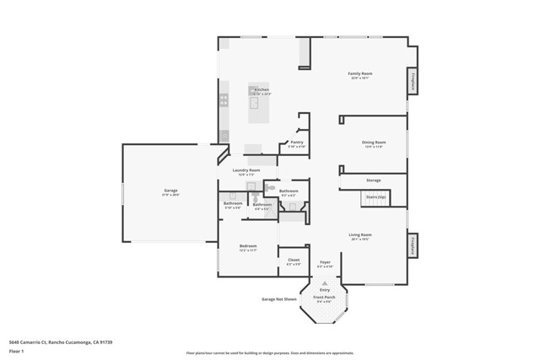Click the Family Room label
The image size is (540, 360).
360,74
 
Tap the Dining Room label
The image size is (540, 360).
374,142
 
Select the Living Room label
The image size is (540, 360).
360,235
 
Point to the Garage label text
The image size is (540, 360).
170,191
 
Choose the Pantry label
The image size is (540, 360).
296,142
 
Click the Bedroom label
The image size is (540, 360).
247,247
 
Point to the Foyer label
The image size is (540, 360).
325,262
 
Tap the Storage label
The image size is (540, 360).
373,180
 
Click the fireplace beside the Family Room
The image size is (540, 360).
413,81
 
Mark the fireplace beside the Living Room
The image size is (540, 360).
413,245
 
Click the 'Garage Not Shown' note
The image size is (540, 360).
279,299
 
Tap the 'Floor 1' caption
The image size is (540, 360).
17,351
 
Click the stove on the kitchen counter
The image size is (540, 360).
224,99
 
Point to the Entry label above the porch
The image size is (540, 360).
325,289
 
